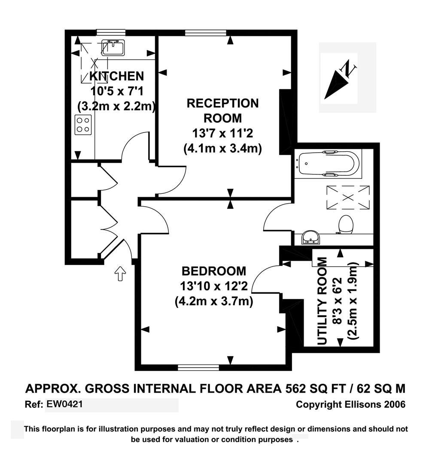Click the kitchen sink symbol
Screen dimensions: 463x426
coord(113,48)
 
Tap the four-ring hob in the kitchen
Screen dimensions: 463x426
coord(83,125)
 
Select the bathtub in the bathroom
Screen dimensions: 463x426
coord(328,163)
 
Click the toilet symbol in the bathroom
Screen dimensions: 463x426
coord(346,224)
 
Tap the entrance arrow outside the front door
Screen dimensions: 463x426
coord(120,273)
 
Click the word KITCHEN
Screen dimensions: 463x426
coord(116,76)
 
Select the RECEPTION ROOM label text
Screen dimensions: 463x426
coord(222,110)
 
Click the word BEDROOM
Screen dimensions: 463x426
coord(214,271)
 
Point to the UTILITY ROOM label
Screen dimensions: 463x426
coord(322,301)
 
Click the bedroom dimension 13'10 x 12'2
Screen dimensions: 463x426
coord(214,286)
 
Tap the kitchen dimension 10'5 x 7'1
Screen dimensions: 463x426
coord(116,91)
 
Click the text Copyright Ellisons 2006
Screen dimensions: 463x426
coord(350,404)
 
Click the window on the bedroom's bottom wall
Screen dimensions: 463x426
coord(198,367)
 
